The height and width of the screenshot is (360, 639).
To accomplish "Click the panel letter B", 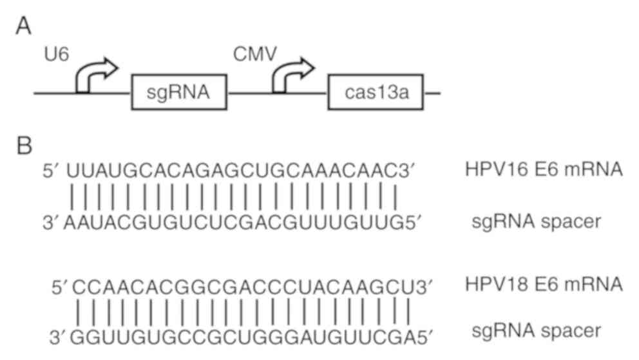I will (24, 146).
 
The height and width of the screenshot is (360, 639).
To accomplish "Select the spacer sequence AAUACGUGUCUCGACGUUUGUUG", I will (235, 222).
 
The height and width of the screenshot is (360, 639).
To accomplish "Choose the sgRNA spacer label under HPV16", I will (536, 222).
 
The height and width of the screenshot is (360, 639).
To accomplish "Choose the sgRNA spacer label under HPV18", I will (536, 333).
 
